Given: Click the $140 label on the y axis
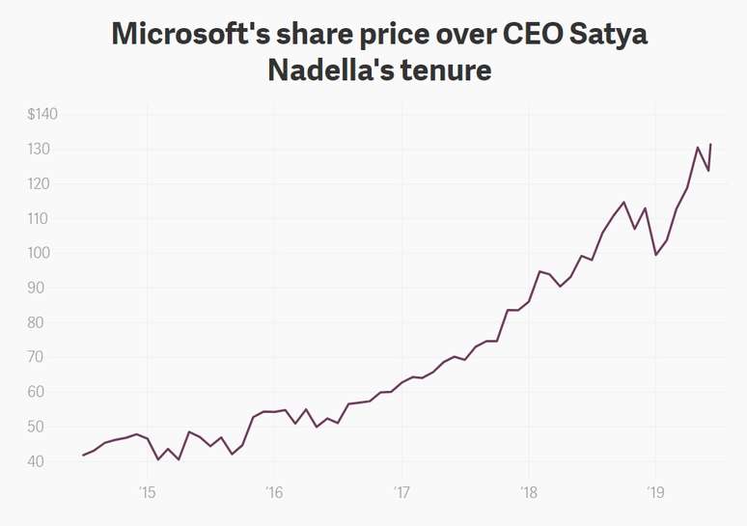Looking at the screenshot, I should (x=42, y=115).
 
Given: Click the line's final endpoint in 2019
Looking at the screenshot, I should (x=710, y=145).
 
